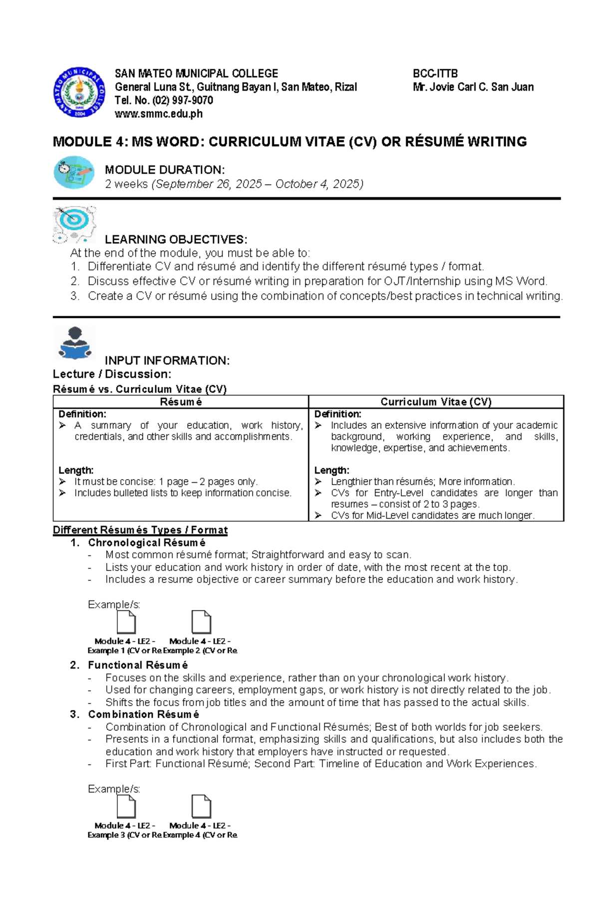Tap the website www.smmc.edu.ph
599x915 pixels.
pos(158,114)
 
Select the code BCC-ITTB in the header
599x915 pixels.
pos(435,74)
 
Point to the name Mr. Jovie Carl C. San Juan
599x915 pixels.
pos(473,87)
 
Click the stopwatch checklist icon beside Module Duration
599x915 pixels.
pos(74,173)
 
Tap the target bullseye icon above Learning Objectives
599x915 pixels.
pos(74,223)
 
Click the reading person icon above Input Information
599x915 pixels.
pos(74,343)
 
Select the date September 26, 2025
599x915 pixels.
pos(208,184)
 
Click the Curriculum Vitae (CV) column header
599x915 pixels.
pos(436,402)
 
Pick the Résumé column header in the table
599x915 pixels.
pos(181,402)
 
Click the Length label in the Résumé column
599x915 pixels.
pos(76,470)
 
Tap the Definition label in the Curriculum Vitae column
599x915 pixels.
pos(337,414)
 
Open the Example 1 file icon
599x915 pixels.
pos(126,622)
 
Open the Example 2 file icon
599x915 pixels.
pos(201,622)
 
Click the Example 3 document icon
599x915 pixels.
pos(126,806)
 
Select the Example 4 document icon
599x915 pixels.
pos(201,806)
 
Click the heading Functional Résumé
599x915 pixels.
pos(138,665)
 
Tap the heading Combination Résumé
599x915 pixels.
pos(143,715)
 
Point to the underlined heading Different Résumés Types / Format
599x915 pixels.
pos(140,530)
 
